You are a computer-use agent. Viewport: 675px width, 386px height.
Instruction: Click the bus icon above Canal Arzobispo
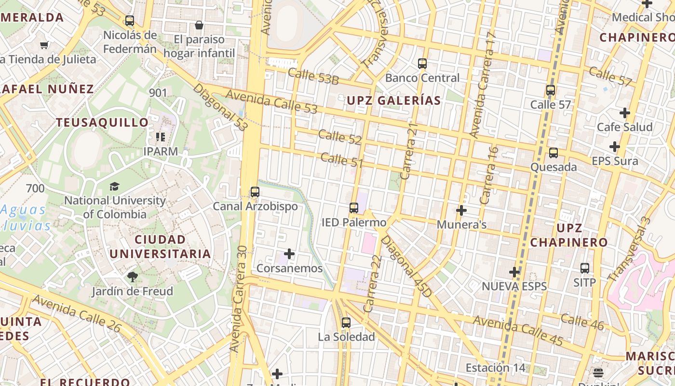point(255,192)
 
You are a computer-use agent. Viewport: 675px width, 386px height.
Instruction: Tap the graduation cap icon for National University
point(114,186)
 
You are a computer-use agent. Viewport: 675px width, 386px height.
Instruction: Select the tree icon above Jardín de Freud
point(132,277)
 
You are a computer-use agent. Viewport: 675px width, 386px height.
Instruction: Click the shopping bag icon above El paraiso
point(199,25)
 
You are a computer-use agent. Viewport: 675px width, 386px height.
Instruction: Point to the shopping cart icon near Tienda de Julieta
point(44,45)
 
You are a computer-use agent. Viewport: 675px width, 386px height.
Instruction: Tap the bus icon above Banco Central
point(422,64)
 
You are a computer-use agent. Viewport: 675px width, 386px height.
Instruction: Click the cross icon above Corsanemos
point(289,254)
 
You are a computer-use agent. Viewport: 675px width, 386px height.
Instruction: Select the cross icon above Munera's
point(461,210)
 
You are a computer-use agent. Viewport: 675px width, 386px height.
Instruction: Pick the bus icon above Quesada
point(553,153)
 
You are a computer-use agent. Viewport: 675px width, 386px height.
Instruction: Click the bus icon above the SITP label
point(585,268)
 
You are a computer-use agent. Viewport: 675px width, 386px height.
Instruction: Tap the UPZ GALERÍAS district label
point(394,100)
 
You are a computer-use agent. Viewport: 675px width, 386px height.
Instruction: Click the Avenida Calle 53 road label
point(271,102)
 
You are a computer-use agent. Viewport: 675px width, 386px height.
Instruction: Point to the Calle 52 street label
point(339,137)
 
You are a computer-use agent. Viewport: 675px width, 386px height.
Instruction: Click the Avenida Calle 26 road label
point(77,313)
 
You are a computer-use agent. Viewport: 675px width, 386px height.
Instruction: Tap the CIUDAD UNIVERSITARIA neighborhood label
point(160,247)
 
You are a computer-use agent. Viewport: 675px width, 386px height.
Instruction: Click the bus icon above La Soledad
point(346,323)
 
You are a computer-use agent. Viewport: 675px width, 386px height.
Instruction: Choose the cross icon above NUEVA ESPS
point(514,272)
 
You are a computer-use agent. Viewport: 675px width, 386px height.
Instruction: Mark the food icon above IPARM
point(161,137)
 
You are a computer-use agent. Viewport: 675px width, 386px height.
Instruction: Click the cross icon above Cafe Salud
point(625,113)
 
